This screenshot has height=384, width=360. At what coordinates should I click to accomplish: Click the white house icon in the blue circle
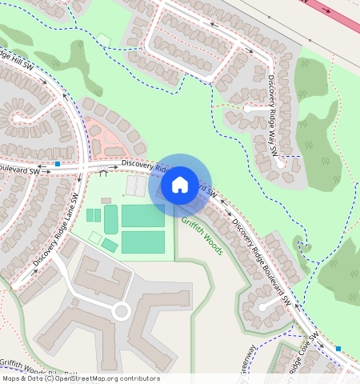[x=180, y=185]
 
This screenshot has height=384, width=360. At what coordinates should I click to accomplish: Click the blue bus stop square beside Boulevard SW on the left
[x=58, y=164]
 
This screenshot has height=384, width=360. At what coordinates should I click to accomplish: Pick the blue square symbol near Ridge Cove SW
[x=338, y=348]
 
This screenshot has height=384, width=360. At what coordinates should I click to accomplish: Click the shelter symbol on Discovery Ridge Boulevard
[x=103, y=170]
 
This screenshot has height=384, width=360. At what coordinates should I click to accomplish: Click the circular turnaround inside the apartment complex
[x=121, y=310]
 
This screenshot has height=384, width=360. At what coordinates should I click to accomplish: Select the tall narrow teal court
[x=110, y=218]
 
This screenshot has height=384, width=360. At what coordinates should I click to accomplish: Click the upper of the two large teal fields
[x=142, y=215]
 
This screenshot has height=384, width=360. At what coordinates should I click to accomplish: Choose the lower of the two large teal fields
[x=142, y=242]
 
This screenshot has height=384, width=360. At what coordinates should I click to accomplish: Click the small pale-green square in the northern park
[x=104, y=39]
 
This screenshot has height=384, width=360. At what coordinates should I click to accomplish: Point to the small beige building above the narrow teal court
[x=106, y=200]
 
